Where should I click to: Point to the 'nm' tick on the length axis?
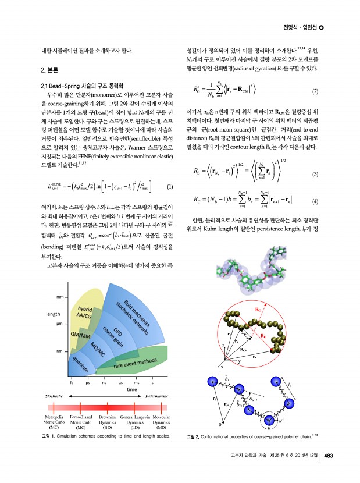click(60, 351)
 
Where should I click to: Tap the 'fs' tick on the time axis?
click(72, 382)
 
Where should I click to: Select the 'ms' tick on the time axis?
click(136, 382)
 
